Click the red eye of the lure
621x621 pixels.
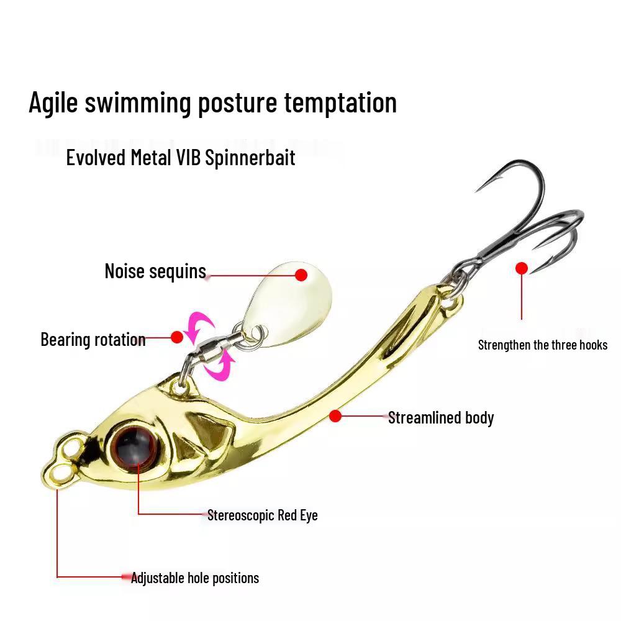click(135, 445)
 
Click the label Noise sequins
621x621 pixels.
click(155, 272)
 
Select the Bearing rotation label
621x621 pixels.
click(93, 340)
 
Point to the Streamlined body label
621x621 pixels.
click(441, 418)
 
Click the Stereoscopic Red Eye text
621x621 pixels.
click(263, 515)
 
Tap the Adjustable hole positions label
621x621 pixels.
click(195, 578)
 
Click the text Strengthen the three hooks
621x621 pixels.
click(543, 345)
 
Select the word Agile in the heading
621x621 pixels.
click(53, 102)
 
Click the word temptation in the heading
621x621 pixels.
click(340, 102)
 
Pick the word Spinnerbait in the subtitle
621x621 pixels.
click(250, 158)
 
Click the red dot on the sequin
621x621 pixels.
click(301, 274)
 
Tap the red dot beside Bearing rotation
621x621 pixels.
click(177, 337)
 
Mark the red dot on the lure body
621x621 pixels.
click(335, 416)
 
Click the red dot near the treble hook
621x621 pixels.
click(522, 268)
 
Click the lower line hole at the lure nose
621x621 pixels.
click(60, 473)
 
